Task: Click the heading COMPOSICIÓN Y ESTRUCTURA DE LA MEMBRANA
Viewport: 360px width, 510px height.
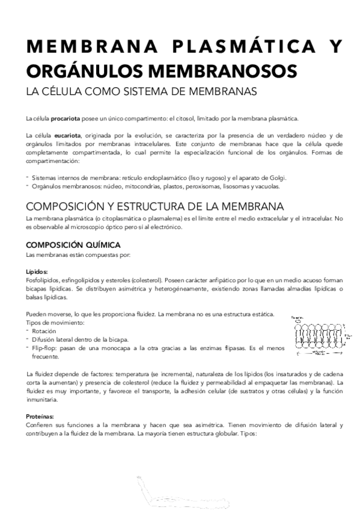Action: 151,206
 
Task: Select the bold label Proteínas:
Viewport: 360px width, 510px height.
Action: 41,416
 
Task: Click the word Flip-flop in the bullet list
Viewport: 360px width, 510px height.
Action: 46,348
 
